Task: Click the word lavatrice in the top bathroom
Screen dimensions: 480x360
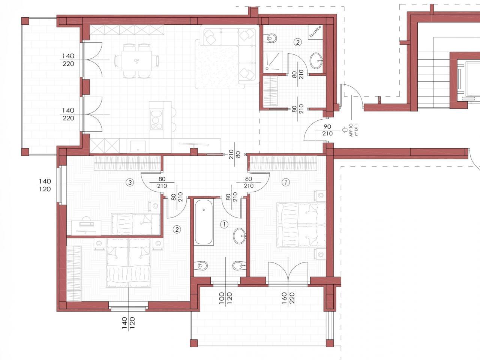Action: tap(315, 32)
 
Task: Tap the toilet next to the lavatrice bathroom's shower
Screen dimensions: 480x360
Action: tap(270, 39)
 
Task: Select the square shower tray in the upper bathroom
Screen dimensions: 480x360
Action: tap(273, 62)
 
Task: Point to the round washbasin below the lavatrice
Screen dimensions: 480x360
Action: tap(316, 60)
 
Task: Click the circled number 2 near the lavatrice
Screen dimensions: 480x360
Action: tap(298, 42)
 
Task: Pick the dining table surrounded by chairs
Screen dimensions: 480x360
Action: tap(137, 61)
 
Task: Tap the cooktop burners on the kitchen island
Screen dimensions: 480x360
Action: tap(157, 120)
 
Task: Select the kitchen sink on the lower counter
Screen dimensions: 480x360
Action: tap(138, 146)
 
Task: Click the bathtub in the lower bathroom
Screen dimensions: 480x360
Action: tap(204, 222)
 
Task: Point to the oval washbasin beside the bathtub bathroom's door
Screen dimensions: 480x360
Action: tap(240, 236)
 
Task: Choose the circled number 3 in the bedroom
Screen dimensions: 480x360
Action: tap(130, 182)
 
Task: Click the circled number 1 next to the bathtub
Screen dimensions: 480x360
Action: tap(224, 224)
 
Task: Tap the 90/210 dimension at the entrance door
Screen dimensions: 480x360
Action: tap(327, 130)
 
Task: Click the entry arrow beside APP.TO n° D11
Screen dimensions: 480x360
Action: tap(344, 130)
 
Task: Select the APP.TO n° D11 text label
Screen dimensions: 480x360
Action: tap(354, 130)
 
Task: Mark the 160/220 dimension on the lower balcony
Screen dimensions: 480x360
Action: tap(288, 298)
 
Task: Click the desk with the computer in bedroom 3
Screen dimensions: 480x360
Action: tap(86, 226)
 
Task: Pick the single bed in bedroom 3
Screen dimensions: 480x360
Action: tap(136, 224)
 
